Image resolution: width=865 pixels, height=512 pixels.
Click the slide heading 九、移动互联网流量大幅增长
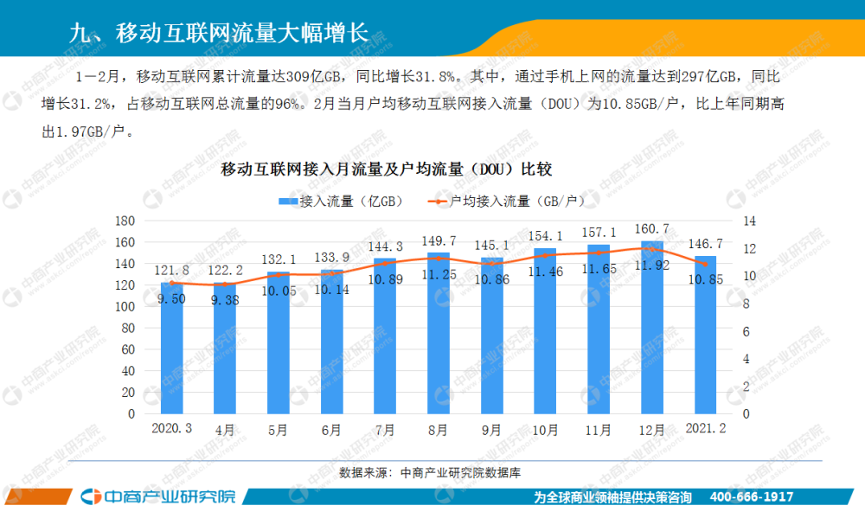coord(217,33)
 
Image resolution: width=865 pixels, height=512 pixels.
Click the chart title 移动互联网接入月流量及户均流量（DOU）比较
coord(386,168)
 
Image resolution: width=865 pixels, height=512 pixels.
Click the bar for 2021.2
coord(706,346)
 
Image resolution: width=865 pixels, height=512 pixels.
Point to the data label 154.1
coord(546,235)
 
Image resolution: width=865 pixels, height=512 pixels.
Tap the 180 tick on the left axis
coord(125,221)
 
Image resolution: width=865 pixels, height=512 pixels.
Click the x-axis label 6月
coord(331,429)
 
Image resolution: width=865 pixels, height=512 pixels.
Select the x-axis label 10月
coord(546,429)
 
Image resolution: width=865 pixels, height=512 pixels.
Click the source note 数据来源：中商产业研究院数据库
coord(432,472)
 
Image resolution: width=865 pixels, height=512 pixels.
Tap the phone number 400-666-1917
coord(751,497)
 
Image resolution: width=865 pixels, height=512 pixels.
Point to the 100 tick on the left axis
coord(125,306)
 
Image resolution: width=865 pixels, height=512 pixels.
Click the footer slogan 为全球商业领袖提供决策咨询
coord(612,497)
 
